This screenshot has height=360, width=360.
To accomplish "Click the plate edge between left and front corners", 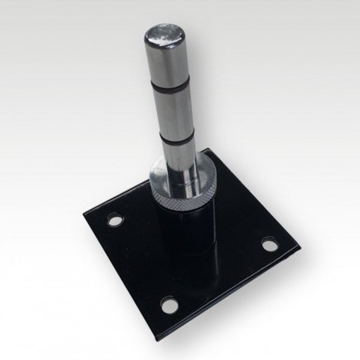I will (121, 270).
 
